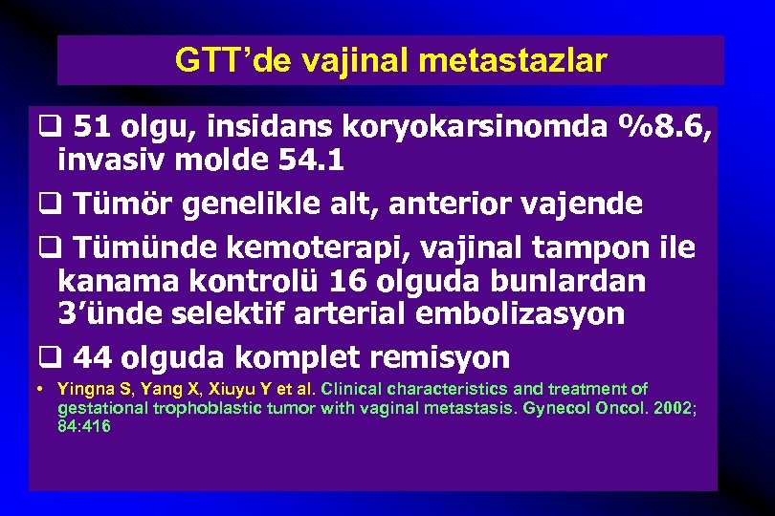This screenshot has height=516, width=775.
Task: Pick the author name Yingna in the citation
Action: [83, 389]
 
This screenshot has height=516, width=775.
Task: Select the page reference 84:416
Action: [84, 426]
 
